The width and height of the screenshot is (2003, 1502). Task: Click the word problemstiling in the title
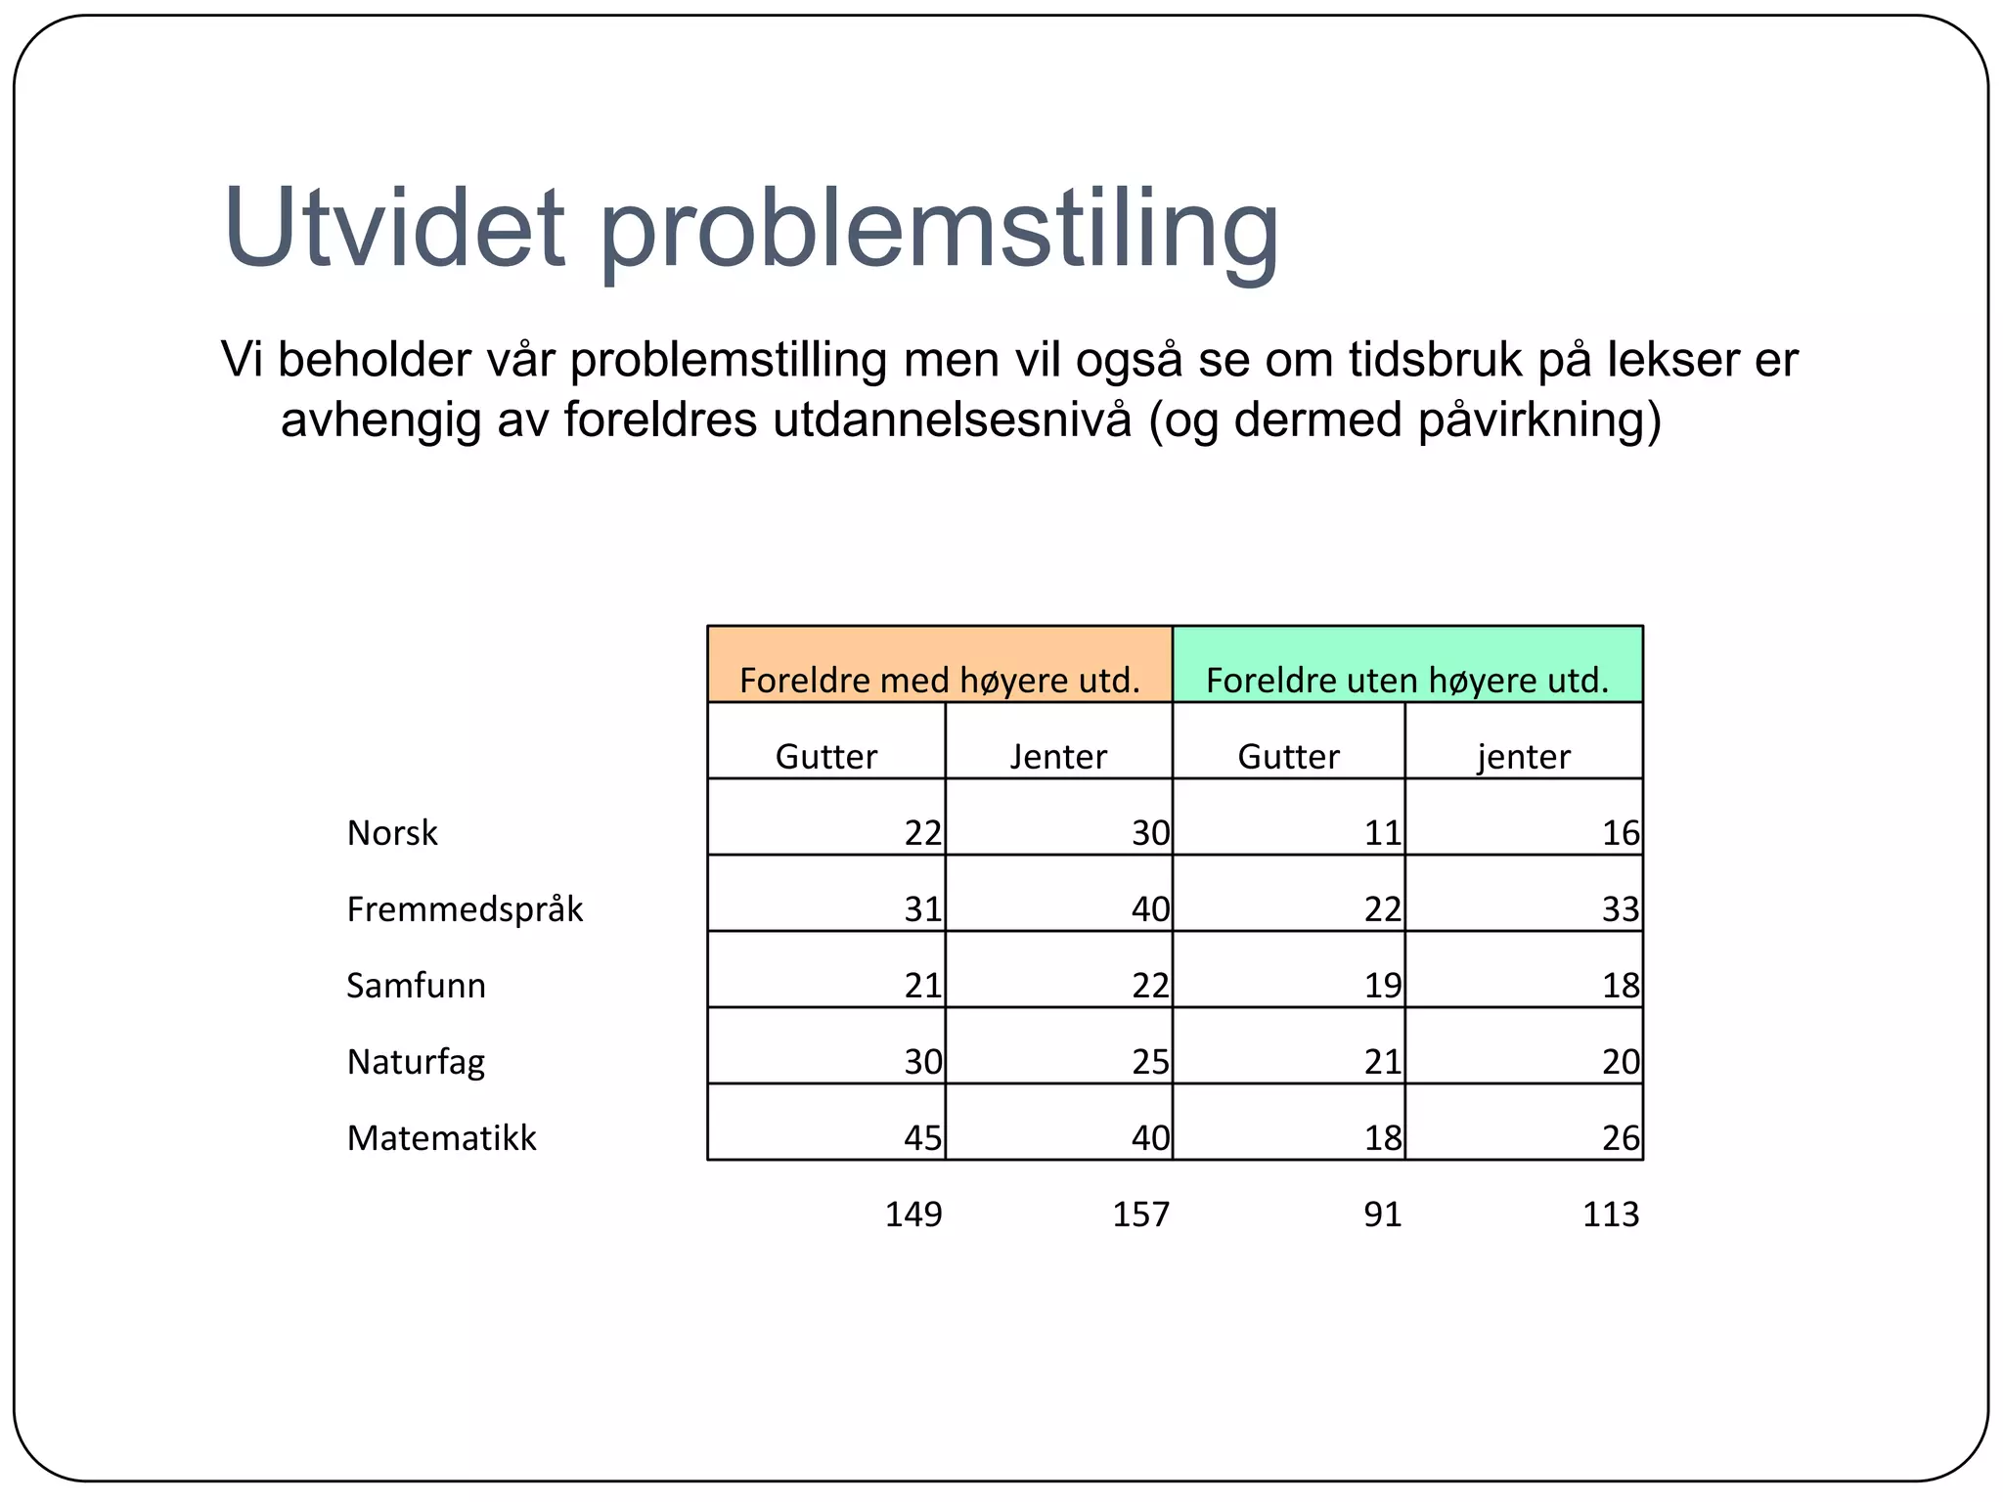[939, 231]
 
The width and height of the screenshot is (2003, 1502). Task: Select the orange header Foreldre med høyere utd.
[939, 680]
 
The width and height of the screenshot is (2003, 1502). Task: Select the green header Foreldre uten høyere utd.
[1406, 680]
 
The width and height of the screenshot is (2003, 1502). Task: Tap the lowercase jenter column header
[1524, 757]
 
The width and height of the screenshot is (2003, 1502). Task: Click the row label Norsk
[392, 833]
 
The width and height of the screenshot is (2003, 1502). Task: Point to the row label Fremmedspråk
[465, 909]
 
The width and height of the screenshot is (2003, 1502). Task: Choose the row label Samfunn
[416, 986]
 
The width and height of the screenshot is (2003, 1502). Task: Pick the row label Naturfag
[416, 1062]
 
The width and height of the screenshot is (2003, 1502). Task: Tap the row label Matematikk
[441, 1138]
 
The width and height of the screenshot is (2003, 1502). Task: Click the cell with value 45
[922, 1138]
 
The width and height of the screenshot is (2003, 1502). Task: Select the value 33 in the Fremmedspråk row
[1620, 909]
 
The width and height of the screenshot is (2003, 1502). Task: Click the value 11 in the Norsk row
[1383, 833]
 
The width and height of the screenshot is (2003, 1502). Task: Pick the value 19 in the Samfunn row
[1383, 986]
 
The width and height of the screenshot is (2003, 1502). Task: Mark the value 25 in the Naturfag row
[1150, 1062]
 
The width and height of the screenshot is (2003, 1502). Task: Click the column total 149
[912, 1215]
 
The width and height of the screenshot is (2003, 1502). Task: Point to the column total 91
[1382, 1215]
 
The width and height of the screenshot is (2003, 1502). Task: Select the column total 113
[1610, 1215]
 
